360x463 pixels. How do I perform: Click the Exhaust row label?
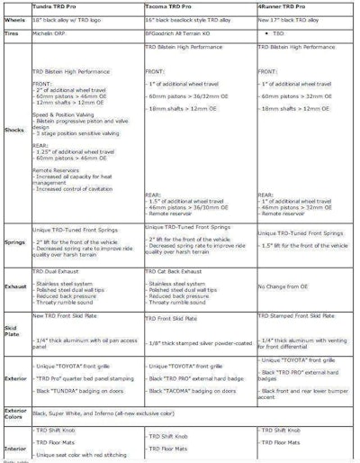(15, 286)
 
